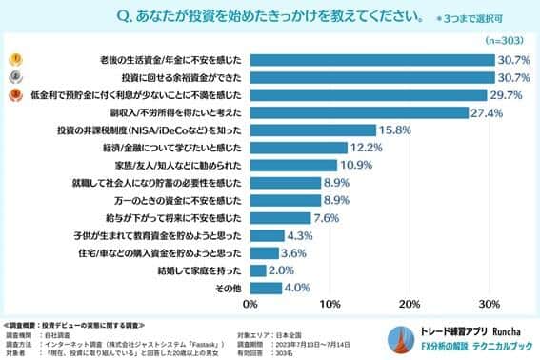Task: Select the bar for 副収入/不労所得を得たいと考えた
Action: [x=359, y=112]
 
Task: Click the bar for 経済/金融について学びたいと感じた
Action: [x=298, y=148]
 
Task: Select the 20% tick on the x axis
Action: [x=410, y=305]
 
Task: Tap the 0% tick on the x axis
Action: [x=250, y=305]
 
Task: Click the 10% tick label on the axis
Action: [x=330, y=305]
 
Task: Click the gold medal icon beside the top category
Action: [x=15, y=59]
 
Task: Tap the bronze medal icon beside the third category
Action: [x=15, y=94]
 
